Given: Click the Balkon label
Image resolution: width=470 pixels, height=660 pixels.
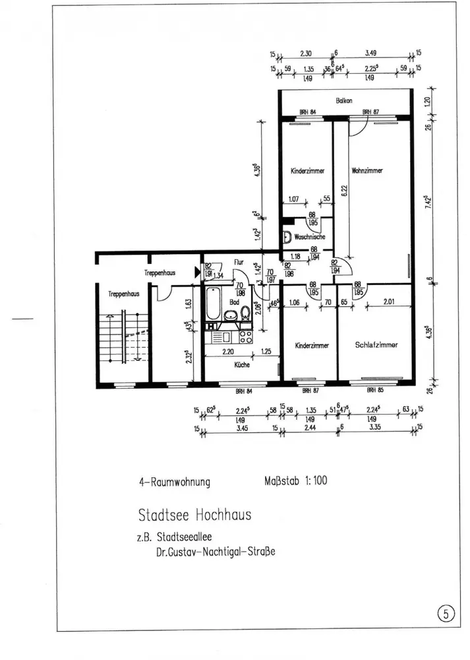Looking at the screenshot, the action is (x=343, y=100).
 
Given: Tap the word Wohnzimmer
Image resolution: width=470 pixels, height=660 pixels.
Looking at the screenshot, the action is (x=367, y=170).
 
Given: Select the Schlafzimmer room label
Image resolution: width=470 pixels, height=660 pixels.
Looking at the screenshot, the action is (x=375, y=345).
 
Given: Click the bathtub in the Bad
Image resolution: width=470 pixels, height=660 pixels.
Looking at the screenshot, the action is (x=212, y=307).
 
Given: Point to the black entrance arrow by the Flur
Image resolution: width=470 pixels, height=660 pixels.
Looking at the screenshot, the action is (x=196, y=271).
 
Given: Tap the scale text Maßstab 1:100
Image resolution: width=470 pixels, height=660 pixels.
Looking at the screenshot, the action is (x=291, y=480).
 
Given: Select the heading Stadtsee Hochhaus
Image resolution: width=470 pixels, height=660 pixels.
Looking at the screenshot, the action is (x=194, y=513).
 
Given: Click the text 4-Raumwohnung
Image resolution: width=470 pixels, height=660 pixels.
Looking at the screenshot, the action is (x=174, y=482).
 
